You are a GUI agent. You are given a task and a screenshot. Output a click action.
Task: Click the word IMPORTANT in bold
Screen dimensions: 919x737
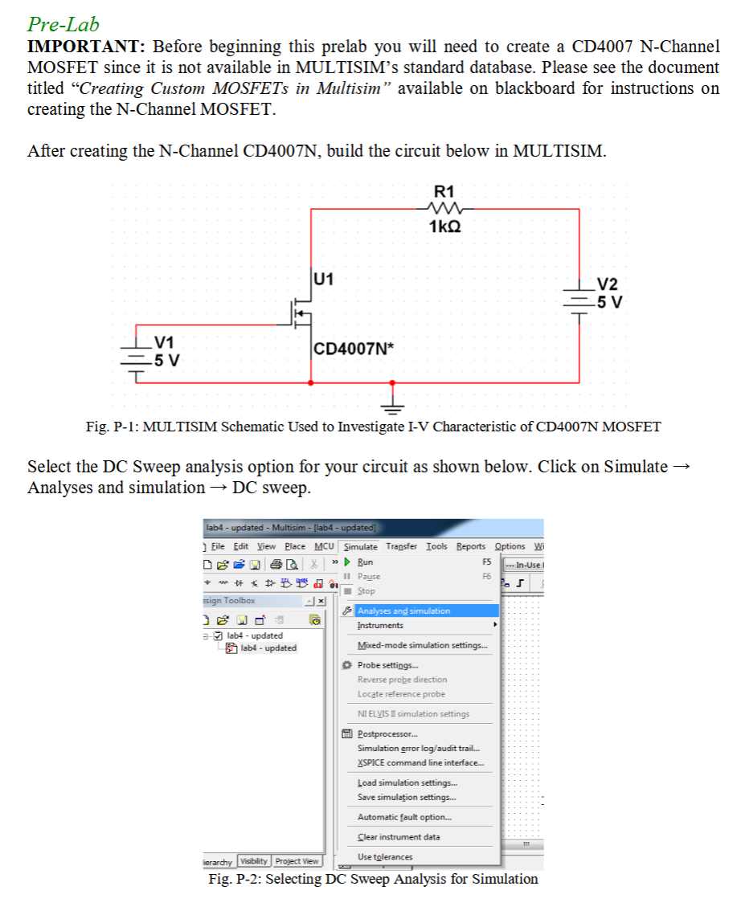(x=84, y=47)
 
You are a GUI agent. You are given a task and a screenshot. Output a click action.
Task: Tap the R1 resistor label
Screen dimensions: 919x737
(x=444, y=191)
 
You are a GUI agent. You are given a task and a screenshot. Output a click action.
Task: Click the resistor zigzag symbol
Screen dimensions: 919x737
(x=444, y=209)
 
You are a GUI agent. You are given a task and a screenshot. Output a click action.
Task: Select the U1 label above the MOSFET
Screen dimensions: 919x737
(x=325, y=280)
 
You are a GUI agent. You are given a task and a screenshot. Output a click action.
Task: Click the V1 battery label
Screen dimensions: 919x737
(x=167, y=343)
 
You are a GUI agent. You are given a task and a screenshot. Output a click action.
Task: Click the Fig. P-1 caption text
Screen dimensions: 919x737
(x=373, y=427)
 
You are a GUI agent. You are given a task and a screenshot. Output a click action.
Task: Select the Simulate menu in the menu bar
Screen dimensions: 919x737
(x=360, y=546)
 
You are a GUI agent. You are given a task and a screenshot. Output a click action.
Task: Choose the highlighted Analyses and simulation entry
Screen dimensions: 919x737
(x=403, y=611)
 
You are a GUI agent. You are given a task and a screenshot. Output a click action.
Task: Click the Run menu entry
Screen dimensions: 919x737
(x=365, y=562)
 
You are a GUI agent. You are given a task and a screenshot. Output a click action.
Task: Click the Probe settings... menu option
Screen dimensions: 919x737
(x=387, y=665)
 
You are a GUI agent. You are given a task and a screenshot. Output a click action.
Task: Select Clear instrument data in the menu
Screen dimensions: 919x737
(x=398, y=836)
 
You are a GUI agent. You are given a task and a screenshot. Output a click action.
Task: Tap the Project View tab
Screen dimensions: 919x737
(x=297, y=861)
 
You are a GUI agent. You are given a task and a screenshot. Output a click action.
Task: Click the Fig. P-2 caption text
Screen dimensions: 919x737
(x=373, y=879)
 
